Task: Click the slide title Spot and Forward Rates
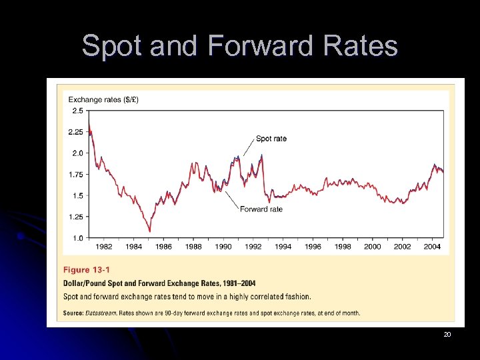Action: [239, 46]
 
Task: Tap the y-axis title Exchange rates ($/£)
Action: [103, 100]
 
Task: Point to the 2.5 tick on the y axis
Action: [77, 111]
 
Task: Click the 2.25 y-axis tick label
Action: [75, 132]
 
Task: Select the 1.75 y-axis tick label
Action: [75, 175]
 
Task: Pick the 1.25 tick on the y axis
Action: [75, 217]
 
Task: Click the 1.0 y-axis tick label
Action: [77, 238]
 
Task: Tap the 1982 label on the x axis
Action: [104, 247]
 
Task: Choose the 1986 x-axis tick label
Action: [163, 247]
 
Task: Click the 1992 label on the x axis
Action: [253, 247]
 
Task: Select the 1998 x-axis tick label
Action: [343, 247]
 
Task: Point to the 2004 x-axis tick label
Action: [432, 247]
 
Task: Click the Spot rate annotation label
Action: [271, 139]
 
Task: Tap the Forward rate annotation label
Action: [261, 209]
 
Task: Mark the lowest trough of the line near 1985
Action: [149, 231]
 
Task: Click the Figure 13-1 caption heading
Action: [86, 270]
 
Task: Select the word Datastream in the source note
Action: [100, 313]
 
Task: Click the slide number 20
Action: [447, 334]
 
